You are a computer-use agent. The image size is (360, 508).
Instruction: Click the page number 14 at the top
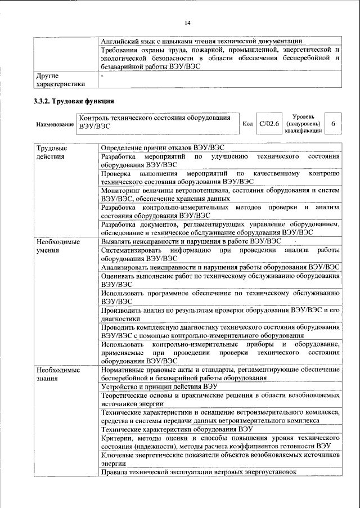pos(187,22)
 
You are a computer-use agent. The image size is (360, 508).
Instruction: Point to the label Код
pos(247,123)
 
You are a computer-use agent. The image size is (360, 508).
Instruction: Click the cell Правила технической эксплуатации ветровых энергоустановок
pos(199,471)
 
